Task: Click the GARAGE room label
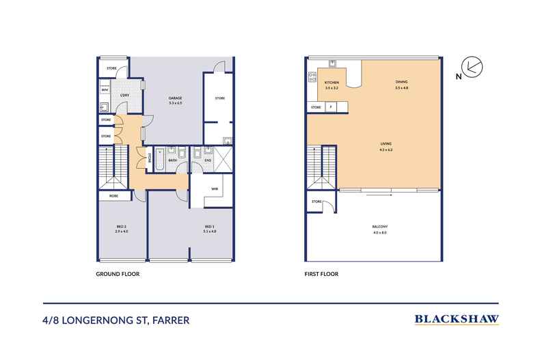176,99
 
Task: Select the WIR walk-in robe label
214,189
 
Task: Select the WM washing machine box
105,89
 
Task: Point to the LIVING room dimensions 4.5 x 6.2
386,149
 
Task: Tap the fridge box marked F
332,107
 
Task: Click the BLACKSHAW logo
456,318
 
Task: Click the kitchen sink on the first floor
332,65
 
